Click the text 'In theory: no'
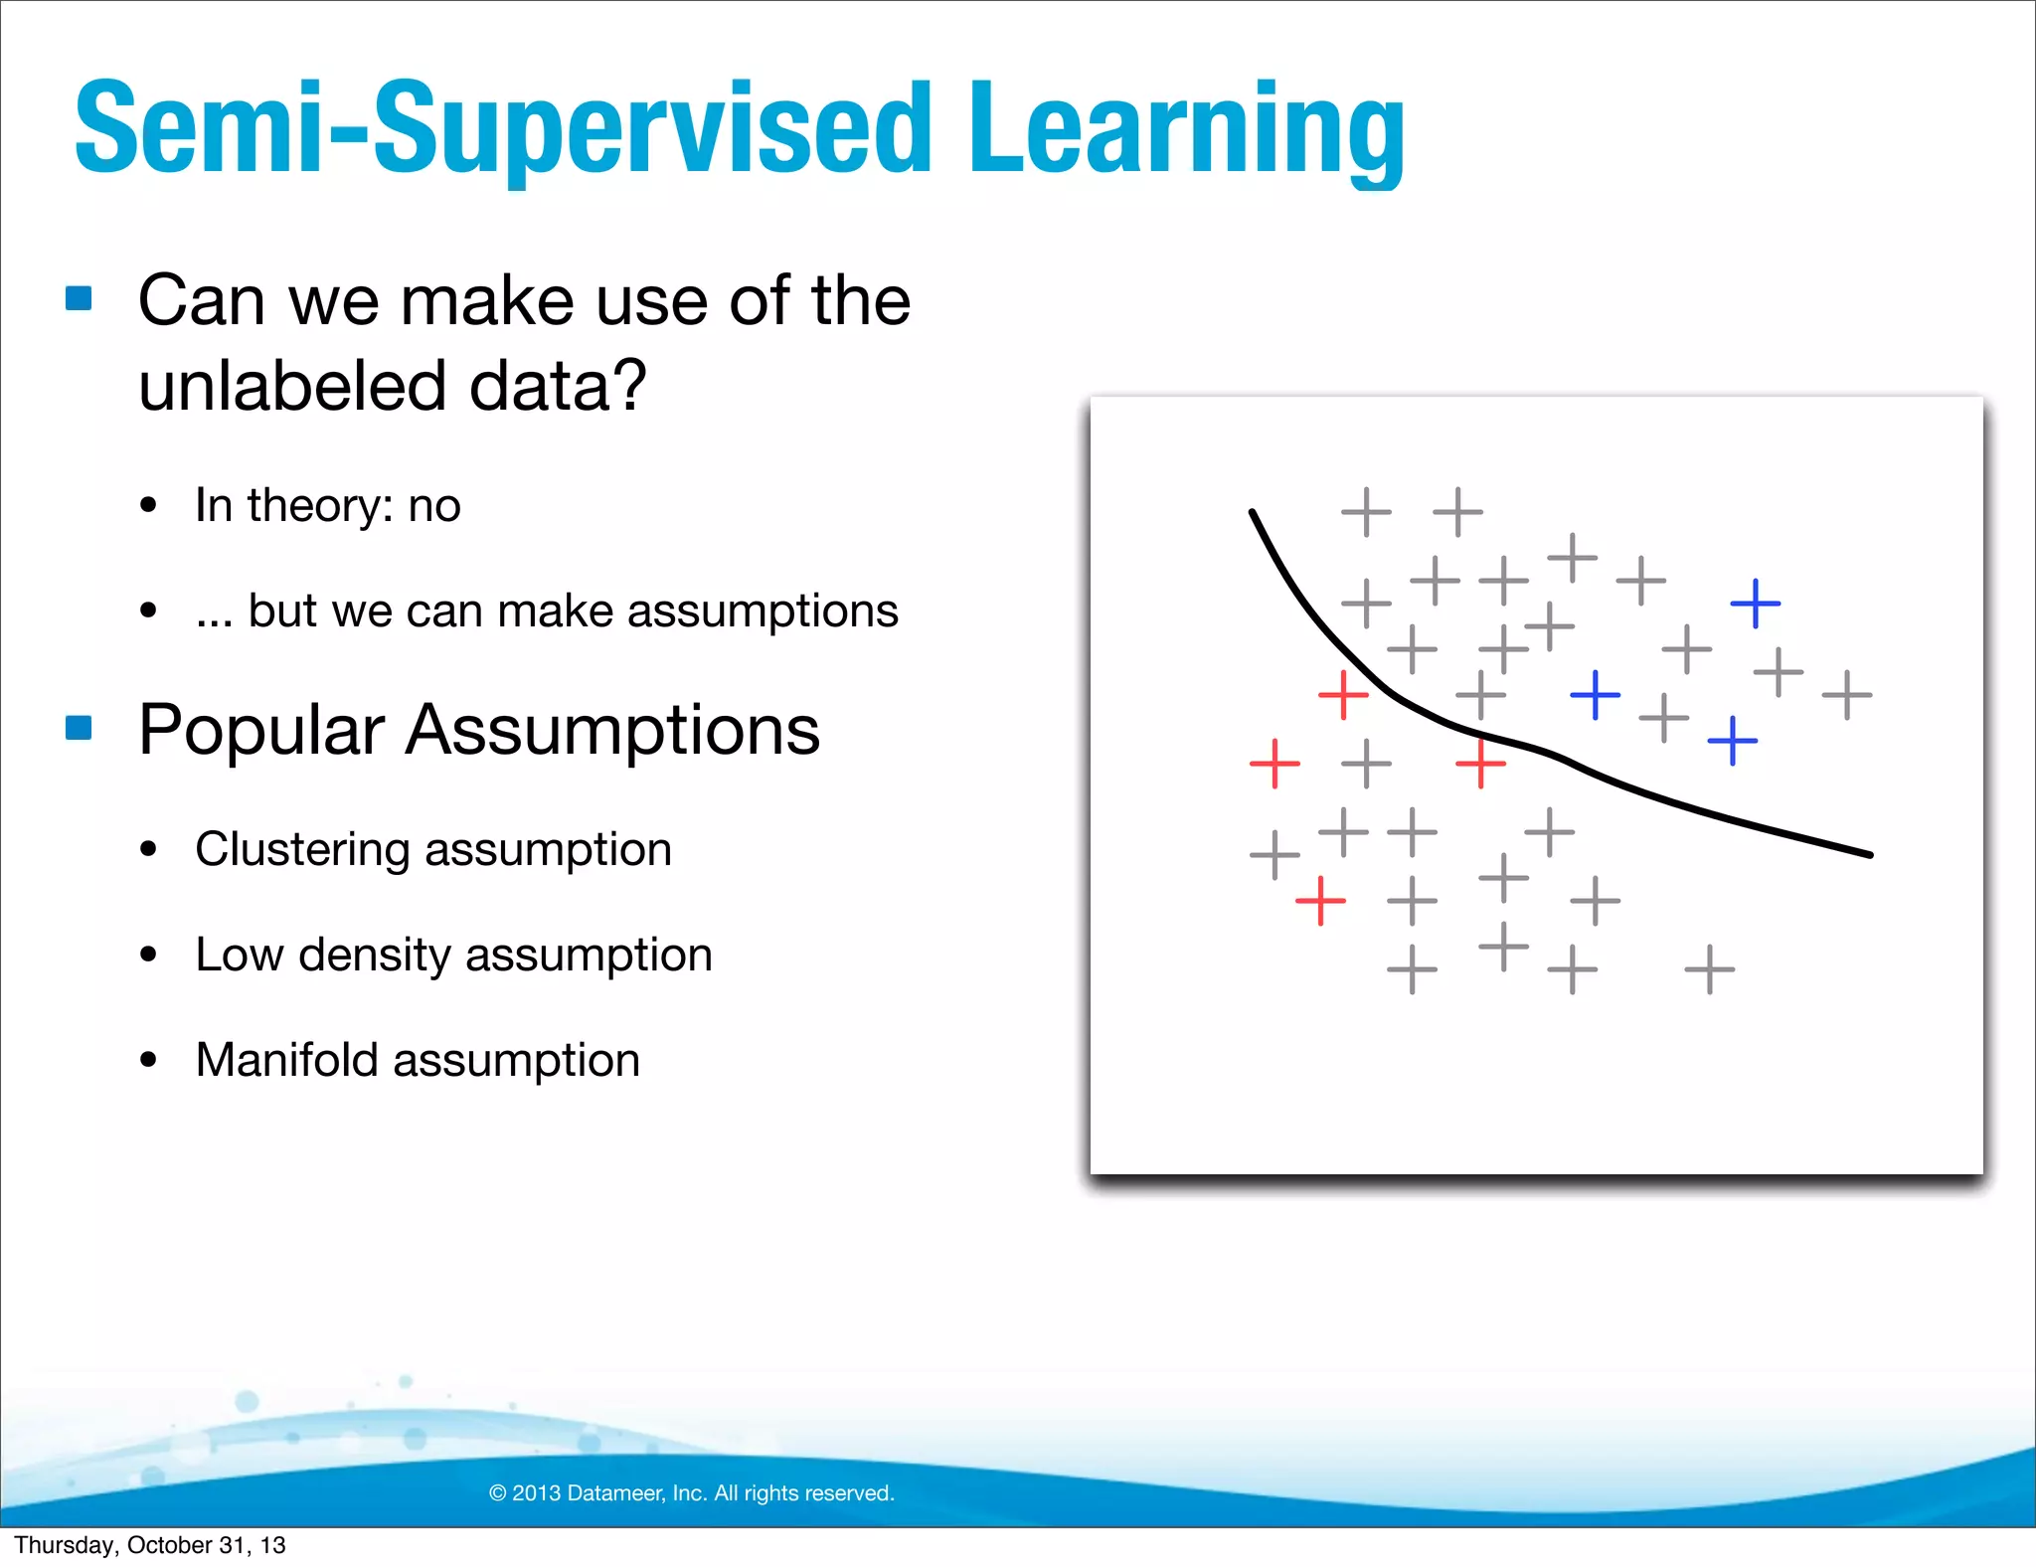tap(327, 505)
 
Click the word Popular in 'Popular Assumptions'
tap(261, 730)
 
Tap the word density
tap(375, 955)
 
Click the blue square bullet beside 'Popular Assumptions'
tap(79, 728)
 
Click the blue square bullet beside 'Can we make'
tap(79, 298)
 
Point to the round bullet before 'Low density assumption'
tap(149, 956)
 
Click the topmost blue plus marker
tap(1755, 604)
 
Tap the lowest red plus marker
tap(1320, 901)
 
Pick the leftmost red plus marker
tap(1274, 764)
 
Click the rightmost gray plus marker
tap(1846, 695)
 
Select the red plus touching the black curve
tap(1480, 764)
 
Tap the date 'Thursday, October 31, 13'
tap(150, 1545)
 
